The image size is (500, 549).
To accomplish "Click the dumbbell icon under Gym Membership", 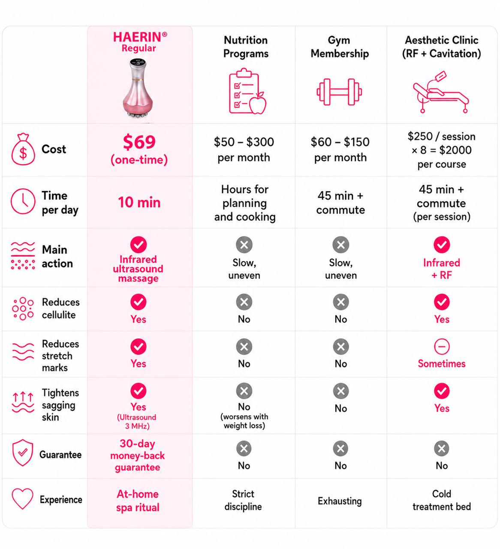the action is (x=339, y=92).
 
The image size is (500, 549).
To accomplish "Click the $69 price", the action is (x=139, y=142).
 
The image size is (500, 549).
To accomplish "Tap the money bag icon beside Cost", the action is (x=23, y=149).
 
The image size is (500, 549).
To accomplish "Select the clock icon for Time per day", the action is (x=23, y=201).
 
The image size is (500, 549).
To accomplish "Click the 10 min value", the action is (x=139, y=202).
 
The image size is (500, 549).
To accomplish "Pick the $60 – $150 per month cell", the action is (x=340, y=150).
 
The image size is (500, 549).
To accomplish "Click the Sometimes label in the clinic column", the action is (x=441, y=363).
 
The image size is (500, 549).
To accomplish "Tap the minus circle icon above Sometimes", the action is (x=442, y=347).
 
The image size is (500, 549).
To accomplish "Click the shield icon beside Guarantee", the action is (x=23, y=452).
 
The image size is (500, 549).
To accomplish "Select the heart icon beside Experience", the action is (x=22, y=499).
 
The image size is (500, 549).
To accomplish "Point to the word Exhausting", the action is (x=340, y=501).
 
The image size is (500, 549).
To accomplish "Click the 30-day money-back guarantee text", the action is (x=138, y=455).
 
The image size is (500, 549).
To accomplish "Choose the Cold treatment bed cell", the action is (x=442, y=500).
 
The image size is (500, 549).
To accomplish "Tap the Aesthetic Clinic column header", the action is (x=441, y=47).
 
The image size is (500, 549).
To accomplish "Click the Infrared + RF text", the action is (x=441, y=269).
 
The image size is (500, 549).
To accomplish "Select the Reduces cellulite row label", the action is (x=61, y=308).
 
